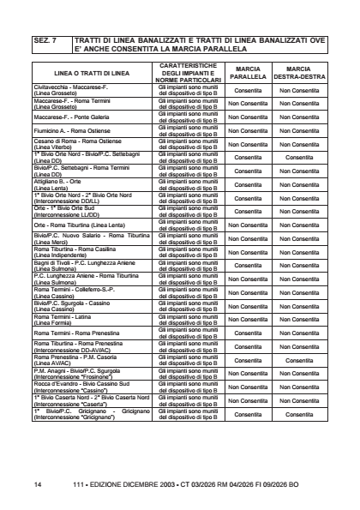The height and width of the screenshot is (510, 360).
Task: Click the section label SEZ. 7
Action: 45,39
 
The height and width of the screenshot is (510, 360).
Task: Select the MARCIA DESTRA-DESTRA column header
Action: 298,72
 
